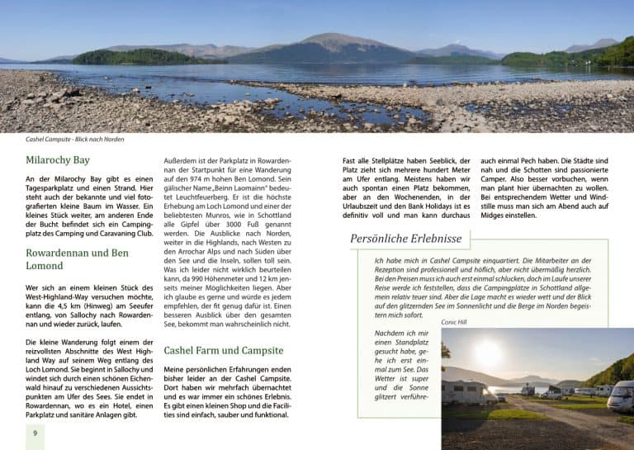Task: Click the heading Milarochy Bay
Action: tap(58, 160)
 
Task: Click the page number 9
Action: tap(35, 433)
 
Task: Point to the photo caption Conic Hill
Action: tap(454, 322)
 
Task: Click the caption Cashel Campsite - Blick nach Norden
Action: tap(74, 139)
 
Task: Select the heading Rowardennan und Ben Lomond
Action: tap(77, 259)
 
